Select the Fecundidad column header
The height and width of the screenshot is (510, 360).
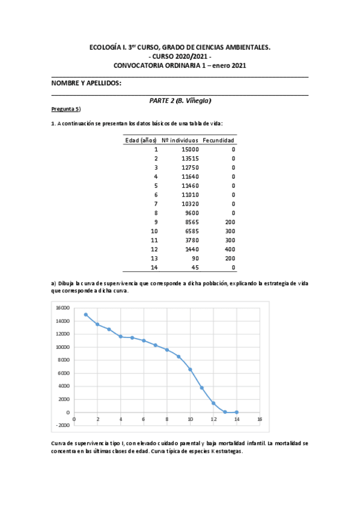219,140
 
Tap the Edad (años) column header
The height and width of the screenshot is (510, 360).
141,140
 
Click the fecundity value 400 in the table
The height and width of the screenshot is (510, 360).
230,248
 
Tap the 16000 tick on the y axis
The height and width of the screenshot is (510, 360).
62,307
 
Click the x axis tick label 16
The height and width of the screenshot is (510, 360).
260,419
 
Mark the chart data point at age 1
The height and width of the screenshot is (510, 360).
86,315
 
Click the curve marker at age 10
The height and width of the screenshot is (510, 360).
191,369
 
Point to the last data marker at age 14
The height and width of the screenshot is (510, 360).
237,412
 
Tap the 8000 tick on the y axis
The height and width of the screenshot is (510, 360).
63,360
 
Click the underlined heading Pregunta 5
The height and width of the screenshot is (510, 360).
66,109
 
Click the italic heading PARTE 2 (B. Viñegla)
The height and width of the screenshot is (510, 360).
180,100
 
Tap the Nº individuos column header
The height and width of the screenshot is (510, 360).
180,140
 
